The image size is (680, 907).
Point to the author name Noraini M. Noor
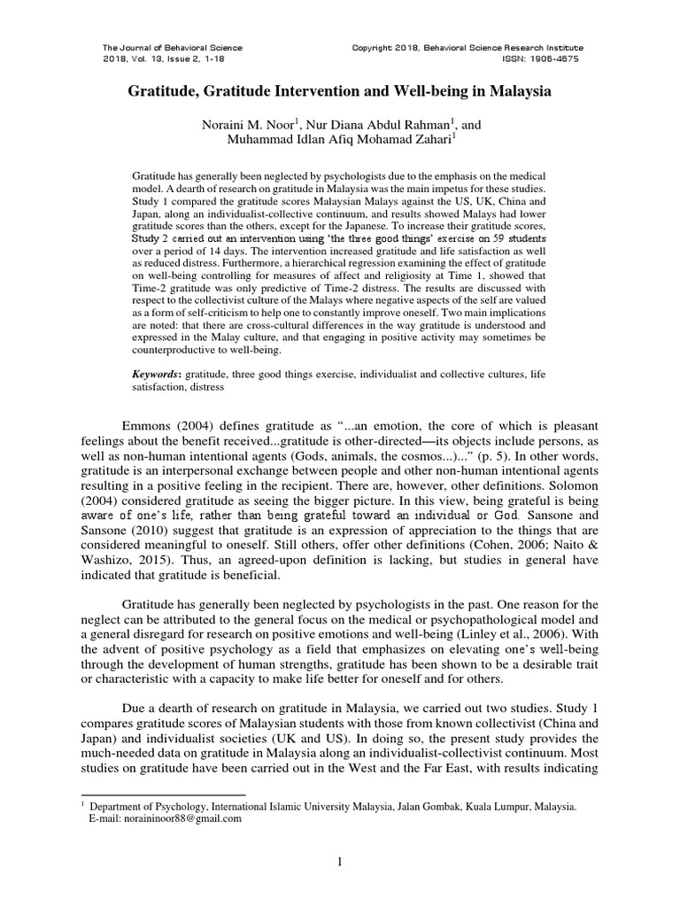tap(243, 127)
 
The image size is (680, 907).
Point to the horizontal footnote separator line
tap(163, 795)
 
